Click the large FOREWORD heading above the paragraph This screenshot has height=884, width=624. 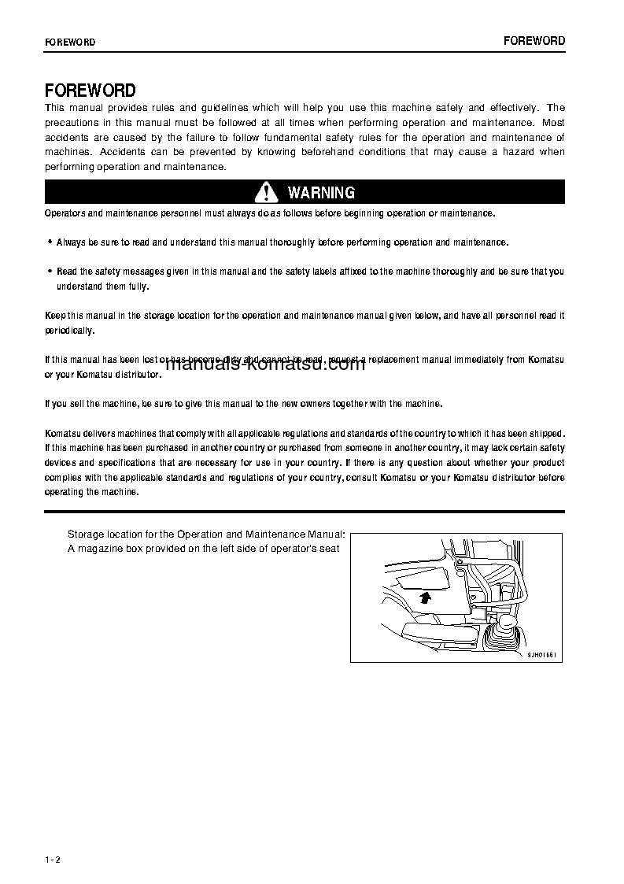coord(90,91)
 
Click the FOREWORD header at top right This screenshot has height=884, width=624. coord(534,41)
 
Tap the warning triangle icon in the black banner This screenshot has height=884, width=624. coord(267,192)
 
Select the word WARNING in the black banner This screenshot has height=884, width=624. coord(321,193)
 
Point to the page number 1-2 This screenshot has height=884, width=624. coord(53,860)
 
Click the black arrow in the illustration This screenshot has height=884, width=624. coord(425,599)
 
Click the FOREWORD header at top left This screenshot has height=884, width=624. coord(70,43)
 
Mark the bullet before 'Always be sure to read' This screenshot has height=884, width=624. coord(50,242)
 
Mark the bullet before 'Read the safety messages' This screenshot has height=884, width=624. coord(50,272)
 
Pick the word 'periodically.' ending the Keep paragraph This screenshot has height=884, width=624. coord(69,331)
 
